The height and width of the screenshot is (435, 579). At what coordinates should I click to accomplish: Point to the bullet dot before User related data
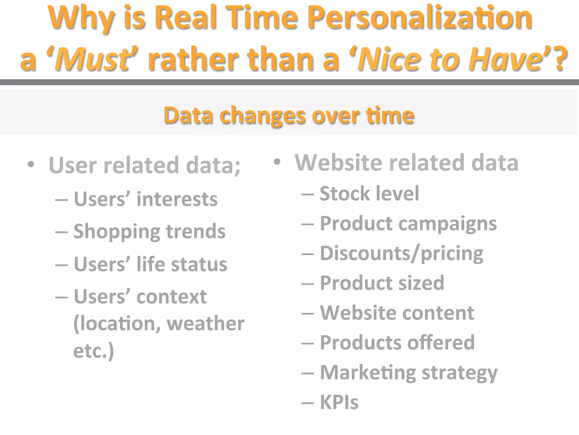point(31,164)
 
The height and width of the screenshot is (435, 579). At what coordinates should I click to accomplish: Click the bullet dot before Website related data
point(277,162)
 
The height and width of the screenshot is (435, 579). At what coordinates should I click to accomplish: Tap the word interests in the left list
point(177,199)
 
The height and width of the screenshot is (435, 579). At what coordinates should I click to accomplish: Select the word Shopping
point(117,232)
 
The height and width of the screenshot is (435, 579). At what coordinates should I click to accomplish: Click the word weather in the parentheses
point(206,323)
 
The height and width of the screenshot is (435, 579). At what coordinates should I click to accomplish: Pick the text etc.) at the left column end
point(94,351)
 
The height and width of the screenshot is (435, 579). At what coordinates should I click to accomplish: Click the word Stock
point(345,194)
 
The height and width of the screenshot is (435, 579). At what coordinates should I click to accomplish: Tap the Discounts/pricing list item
point(401,253)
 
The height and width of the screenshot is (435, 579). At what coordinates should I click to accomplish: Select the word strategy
point(459,373)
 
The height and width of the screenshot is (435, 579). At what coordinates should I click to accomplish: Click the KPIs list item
point(339,402)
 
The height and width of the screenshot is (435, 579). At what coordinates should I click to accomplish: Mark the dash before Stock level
point(308,194)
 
